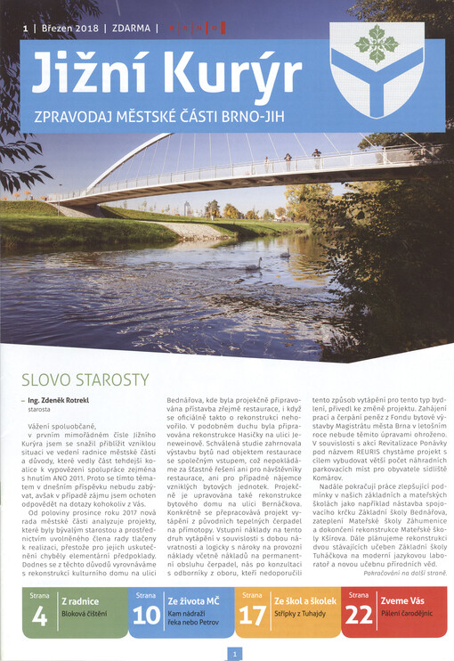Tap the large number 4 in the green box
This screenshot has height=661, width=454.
[x=40, y=615]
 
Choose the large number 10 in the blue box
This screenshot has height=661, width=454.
[x=147, y=615]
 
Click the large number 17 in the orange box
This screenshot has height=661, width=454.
[x=253, y=615]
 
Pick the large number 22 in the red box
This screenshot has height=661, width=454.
[x=361, y=615]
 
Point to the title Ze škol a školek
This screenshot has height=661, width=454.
[x=304, y=602]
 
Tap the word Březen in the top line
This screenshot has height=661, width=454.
[x=59, y=28]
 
